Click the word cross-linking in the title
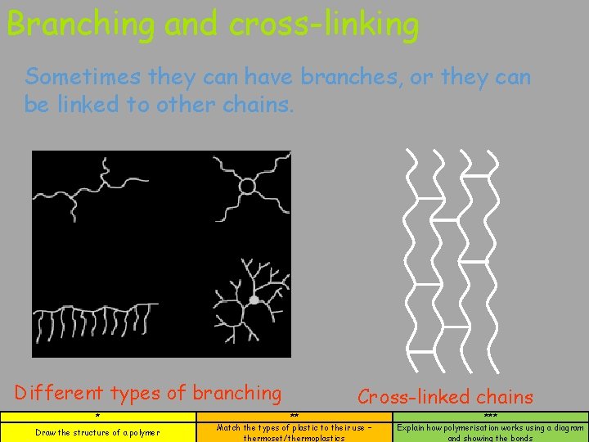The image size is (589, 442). (x=324, y=25)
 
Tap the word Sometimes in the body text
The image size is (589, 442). (x=83, y=77)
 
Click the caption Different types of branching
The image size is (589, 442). (x=148, y=393)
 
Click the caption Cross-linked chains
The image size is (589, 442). (x=445, y=397)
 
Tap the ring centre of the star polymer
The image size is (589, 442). (x=247, y=187)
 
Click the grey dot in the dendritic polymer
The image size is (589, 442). (x=254, y=300)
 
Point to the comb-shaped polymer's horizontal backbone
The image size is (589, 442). (x=98, y=309)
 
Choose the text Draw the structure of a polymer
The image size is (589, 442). (x=97, y=432)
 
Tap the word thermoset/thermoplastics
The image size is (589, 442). (x=294, y=438)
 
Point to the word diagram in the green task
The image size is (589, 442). (x=566, y=427)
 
